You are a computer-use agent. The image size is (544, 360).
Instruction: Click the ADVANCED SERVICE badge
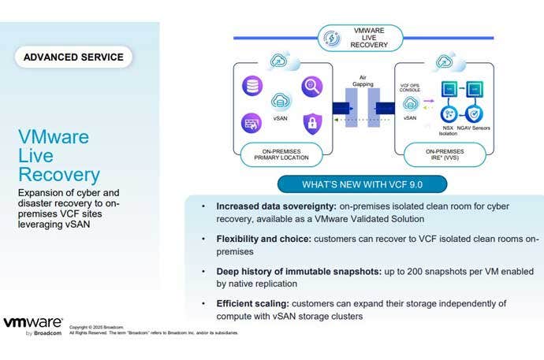[x=74, y=57]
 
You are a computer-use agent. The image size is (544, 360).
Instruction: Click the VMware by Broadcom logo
[x=33, y=325]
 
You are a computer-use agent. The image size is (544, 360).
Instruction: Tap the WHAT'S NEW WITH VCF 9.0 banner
[x=363, y=185]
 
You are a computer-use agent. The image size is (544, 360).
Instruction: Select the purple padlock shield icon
[x=312, y=122]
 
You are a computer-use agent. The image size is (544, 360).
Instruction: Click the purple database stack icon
[x=252, y=85]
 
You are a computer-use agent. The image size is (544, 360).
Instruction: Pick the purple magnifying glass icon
[x=311, y=86]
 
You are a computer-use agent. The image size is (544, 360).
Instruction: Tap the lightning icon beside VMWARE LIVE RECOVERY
[x=332, y=39]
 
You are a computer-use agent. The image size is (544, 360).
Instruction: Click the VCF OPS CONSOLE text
[x=410, y=84]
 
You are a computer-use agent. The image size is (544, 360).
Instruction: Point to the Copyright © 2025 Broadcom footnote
[x=97, y=326]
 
